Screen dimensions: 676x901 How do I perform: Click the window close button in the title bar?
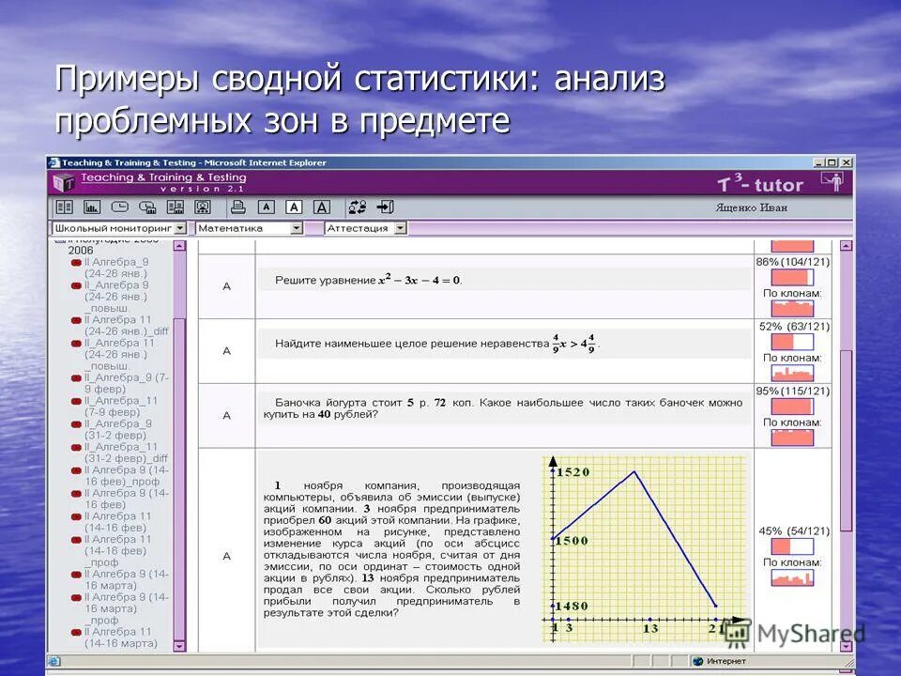(847, 162)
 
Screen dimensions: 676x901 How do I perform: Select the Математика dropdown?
(249, 228)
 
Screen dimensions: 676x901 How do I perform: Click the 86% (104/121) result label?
(792, 262)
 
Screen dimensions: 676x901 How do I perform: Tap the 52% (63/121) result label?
(794, 327)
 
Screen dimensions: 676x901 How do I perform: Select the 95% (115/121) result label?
(792, 391)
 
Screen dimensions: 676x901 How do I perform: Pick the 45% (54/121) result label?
(793, 531)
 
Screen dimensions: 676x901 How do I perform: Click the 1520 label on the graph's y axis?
(573, 472)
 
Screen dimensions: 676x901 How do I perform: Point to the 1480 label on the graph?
(572, 606)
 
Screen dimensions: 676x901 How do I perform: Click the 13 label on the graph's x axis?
(649, 628)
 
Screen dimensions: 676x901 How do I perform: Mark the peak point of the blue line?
(636, 471)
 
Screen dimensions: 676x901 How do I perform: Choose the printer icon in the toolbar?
(238, 207)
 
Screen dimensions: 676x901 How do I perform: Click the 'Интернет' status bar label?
(727, 661)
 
